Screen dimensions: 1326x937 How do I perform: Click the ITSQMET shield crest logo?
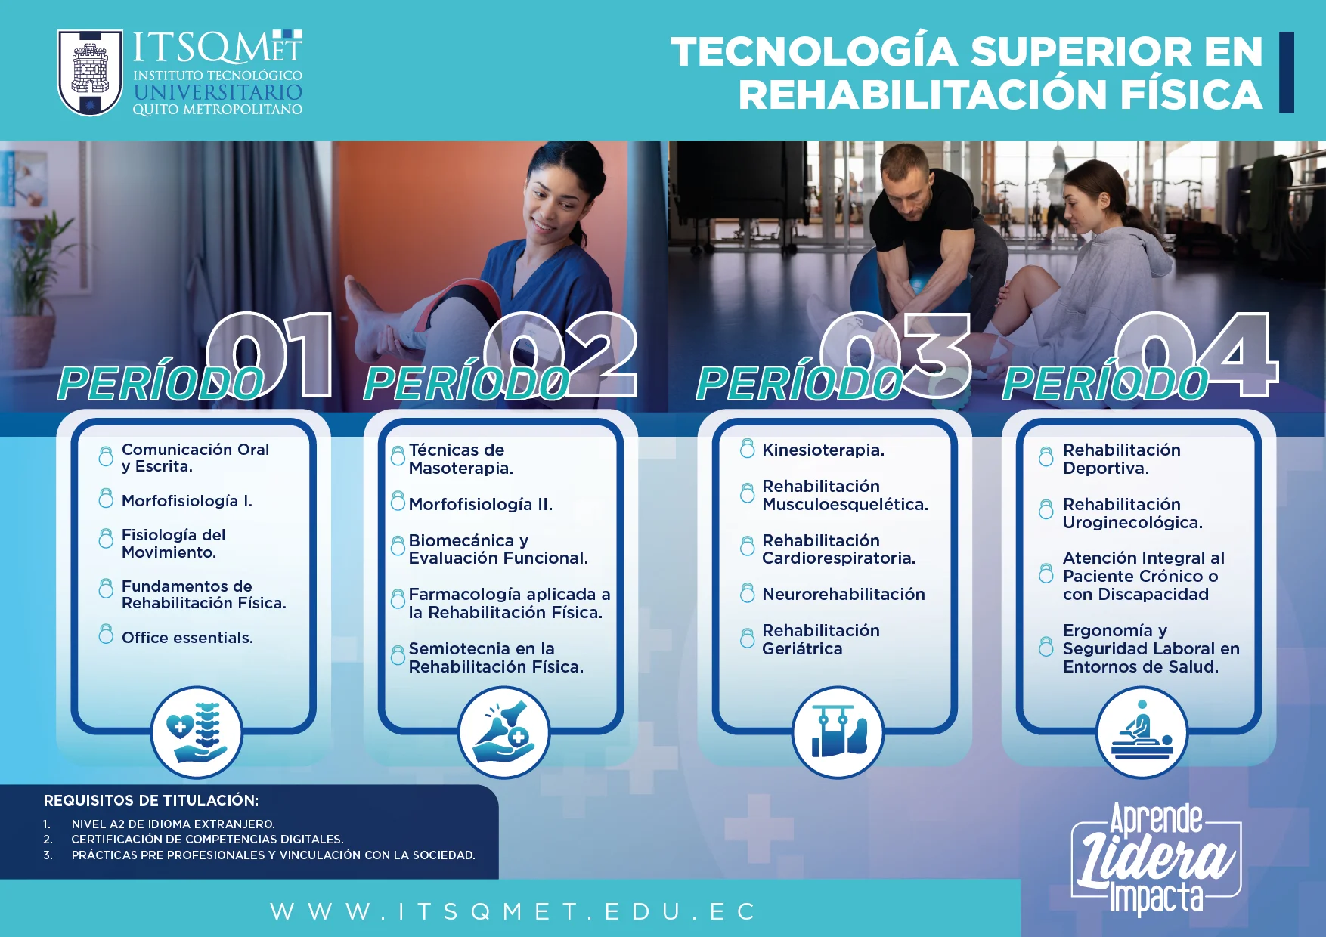click(x=90, y=73)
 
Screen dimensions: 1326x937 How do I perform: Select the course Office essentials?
click(x=187, y=638)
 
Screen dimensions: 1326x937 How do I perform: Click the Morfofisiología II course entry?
click(x=481, y=504)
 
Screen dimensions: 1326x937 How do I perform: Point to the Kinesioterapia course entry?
click(x=823, y=450)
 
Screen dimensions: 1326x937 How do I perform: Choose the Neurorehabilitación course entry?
click(x=844, y=594)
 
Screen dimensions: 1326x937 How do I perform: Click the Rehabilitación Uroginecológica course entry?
click(x=1132, y=513)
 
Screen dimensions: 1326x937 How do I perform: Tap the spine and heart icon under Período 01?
click(x=197, y=731)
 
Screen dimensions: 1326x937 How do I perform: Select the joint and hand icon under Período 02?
click(x=503, y=731)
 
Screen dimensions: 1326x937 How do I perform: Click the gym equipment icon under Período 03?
click(x=838, y=731)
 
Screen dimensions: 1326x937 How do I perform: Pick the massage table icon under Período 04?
click(x=1142, y=731)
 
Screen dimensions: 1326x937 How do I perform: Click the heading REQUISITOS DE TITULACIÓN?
click(x=151, y=800)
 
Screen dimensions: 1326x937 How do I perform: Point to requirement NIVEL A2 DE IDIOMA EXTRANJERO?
click(x=173, y=824)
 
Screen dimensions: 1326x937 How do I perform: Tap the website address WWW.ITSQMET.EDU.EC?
click(x=513, y=911)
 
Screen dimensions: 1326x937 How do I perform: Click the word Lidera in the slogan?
click(x=1155, y=859)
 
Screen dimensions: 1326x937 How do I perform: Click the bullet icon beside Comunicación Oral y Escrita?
click(x=106, y=456)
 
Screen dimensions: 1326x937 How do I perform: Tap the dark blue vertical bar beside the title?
click(x=1286, y=73)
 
